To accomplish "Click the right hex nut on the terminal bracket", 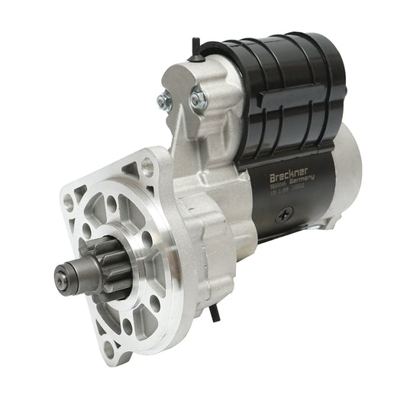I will pyautogui.click(x=197, y=97).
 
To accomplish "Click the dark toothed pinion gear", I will pyautogui.click(x=90, y=263).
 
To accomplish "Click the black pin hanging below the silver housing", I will pyautogui.click(x=217, y=310).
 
